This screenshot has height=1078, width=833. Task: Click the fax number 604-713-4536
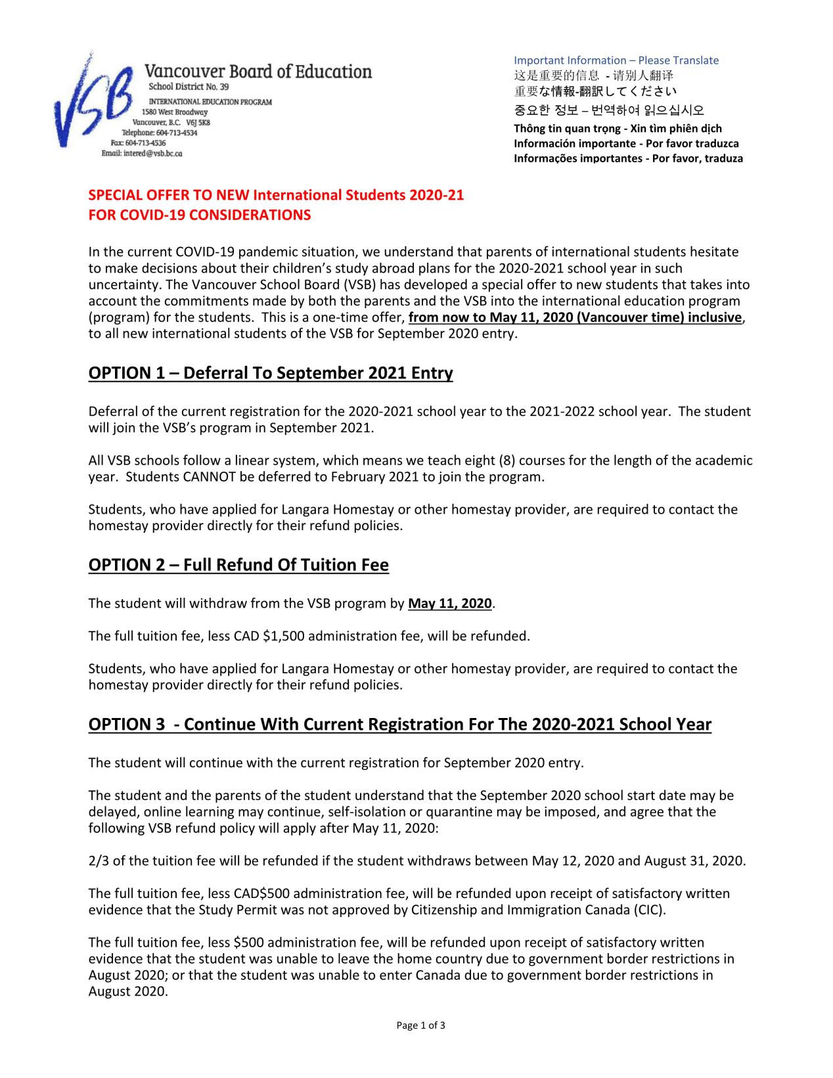point(139,143)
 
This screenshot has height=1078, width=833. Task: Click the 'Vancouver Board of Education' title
point(258,72)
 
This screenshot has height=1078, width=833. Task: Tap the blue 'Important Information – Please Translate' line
point(616,60)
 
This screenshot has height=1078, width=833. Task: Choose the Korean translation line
point(609,110)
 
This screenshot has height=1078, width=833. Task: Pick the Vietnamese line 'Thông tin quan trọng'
point(618,128)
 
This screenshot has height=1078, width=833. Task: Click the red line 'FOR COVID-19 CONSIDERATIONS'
point(200,215)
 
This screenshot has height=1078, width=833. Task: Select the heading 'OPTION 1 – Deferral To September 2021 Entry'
point(271,373)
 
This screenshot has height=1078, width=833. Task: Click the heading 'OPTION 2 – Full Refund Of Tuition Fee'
point(238,565)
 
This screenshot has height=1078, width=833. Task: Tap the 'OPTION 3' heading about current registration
point(399,724)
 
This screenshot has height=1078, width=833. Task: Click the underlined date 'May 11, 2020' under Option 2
point(449,603)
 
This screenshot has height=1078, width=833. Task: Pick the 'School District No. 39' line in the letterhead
point(189,87)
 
